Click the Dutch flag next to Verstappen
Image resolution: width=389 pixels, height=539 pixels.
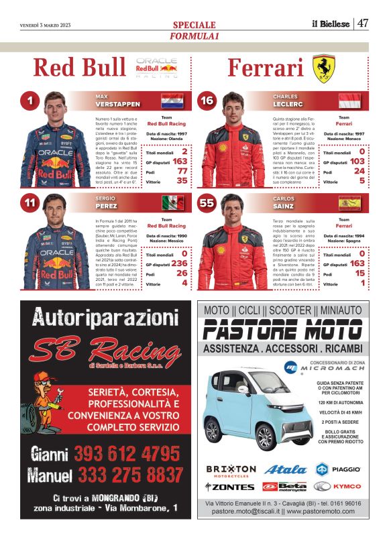pos(172,101)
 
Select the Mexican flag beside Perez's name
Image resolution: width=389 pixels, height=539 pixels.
pos(172,203)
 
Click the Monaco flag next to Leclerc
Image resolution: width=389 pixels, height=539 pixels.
pos(349,101)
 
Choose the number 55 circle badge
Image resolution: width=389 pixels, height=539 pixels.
pos(207,203)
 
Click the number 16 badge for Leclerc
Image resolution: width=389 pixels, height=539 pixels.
pos(207,101)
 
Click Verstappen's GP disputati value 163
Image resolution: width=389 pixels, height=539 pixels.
pos(180,162)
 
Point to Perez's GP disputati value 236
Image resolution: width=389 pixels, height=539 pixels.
pos(179,263)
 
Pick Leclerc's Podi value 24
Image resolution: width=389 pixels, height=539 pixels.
pos(359,172)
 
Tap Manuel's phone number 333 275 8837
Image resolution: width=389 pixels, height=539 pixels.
pos(127,475)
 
